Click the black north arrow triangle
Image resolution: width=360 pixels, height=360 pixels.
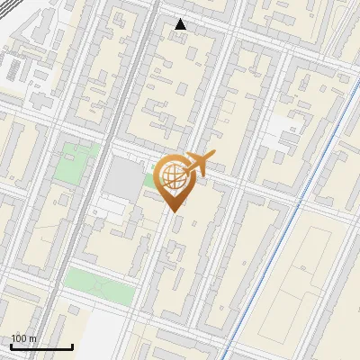(x=181, y=24)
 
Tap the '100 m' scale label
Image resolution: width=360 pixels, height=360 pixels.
(x=24, y=338)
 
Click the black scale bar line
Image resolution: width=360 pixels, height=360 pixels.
(x=41, y=346)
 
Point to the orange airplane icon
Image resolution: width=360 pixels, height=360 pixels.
(x=199, y=166)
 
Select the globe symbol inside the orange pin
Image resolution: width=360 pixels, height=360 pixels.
(x=172, y=177)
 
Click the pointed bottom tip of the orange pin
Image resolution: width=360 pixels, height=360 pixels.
(x=173, y=211)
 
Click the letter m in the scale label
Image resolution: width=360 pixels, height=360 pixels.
(x=32, y=338)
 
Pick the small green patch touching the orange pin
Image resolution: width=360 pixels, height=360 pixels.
(x=149, y=181)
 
